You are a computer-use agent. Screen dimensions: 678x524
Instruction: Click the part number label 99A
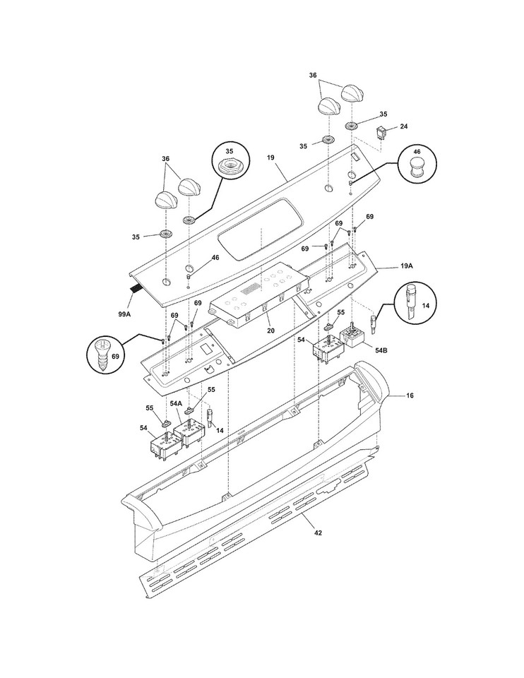(x=124, y=313)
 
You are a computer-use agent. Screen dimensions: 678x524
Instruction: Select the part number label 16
(x=410, y=397)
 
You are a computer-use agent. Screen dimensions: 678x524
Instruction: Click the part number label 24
(x=404, y=126)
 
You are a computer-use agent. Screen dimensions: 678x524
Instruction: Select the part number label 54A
(x=176, y=403)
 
